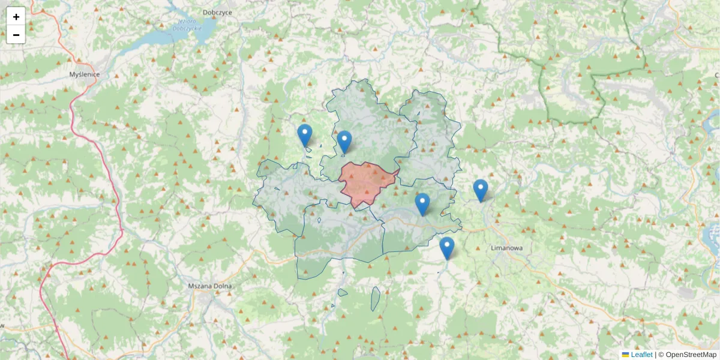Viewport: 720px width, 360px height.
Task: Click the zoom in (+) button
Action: pyautogui.click(x=16, y=17)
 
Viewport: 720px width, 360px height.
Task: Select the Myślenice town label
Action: pyautogui.click(x=85, y=74)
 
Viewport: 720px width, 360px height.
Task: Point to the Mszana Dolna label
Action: pyautogui.click(x=209, y=286)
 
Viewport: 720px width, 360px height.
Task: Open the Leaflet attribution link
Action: pyautogui.click(x=641, y=355)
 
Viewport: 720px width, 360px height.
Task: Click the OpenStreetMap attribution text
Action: pyautogui.click(x=691, y=355)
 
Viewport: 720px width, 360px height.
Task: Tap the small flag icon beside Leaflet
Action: pyautogui.click(x=625, y=355)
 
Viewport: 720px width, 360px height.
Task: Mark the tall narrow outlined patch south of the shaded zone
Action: pyautogui.click(x=375, y=299)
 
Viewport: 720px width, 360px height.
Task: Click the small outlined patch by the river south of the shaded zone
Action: pyautogui.click(x=342, y=293)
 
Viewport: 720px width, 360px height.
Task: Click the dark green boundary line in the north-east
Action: pyautogui.click(x=543, y=90)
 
